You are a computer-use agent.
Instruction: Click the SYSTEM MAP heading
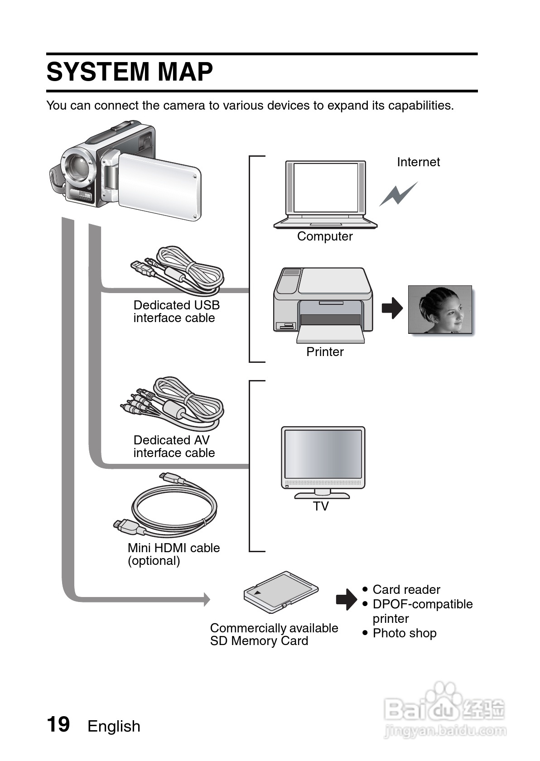(x=130, y=72)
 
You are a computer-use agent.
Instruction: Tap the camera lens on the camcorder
(x=77, y=166)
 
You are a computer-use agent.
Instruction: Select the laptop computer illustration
(x=325, y=193)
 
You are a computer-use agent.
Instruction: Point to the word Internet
(x=418, y=162)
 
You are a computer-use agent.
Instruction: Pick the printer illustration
(x=323, y=303)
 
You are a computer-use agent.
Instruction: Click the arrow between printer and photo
(x=392, y=308)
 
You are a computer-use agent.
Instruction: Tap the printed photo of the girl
(x=439, y=309)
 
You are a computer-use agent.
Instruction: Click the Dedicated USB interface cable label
(x=176, y=312)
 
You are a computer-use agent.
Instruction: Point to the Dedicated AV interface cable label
(x=174, y=447)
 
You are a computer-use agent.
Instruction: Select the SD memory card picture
(x=280, y=592)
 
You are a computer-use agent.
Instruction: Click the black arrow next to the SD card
(x=347, y=599)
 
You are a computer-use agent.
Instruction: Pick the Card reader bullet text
(x=406, y=590)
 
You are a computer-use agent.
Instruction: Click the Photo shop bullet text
(x=404, y=633)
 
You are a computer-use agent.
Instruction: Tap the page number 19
(x=58, y=724)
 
